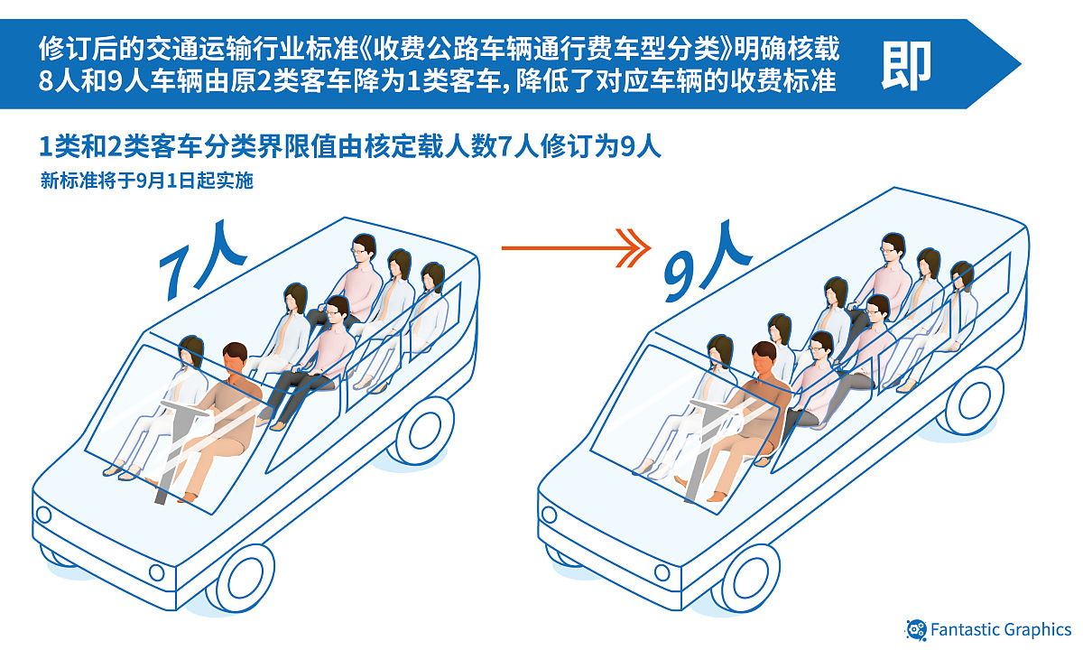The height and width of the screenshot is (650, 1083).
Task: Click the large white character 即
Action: (x=906, y=63)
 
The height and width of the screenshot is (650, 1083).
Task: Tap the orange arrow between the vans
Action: (x=575, y=246)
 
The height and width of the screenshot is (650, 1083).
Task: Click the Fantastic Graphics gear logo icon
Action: (x=915, y=629)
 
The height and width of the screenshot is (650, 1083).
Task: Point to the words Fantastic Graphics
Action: (x=1001, y=629)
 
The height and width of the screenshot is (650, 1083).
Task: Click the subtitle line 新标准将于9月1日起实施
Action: (x=146, y=181)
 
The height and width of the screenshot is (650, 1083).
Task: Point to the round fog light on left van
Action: (x=156, y=571)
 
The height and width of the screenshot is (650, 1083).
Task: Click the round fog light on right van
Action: (x=662, y=571)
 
